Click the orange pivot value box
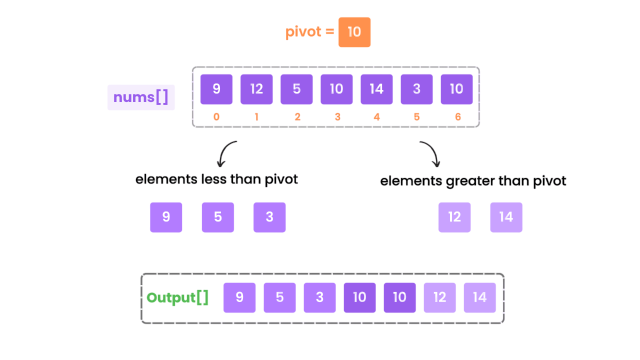[354, 32]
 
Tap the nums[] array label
[141, 97]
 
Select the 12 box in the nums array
[256, 89]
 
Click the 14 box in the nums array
[376, 89]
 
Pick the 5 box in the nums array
[296, 89]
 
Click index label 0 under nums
[216, 117]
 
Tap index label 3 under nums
[337, 117]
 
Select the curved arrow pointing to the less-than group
[225, 153]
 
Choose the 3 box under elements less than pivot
[269, 217]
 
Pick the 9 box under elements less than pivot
[166, 217]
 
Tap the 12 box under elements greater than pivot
[454, 217]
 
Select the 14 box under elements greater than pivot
[506, 217]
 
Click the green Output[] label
[177, 297]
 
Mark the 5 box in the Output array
[279, 298]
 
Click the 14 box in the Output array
[479, 298]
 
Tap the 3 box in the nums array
[416, 89]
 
